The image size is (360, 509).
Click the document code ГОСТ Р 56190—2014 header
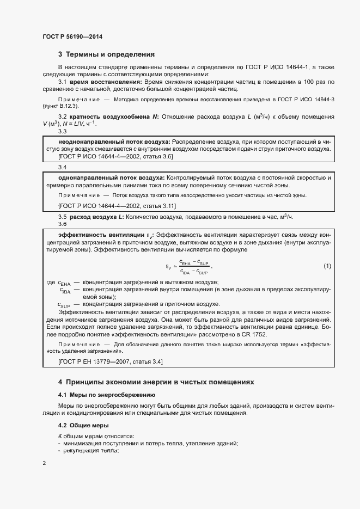click(x=72, y=36)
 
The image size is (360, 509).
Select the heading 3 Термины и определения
click(x=106, y=54)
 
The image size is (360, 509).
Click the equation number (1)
click(x=327, y=266)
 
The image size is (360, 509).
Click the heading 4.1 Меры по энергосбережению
click(x=107, y=394)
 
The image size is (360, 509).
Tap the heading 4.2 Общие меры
click(x=83, y=425)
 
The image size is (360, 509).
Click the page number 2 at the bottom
click(x=44, y=463)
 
